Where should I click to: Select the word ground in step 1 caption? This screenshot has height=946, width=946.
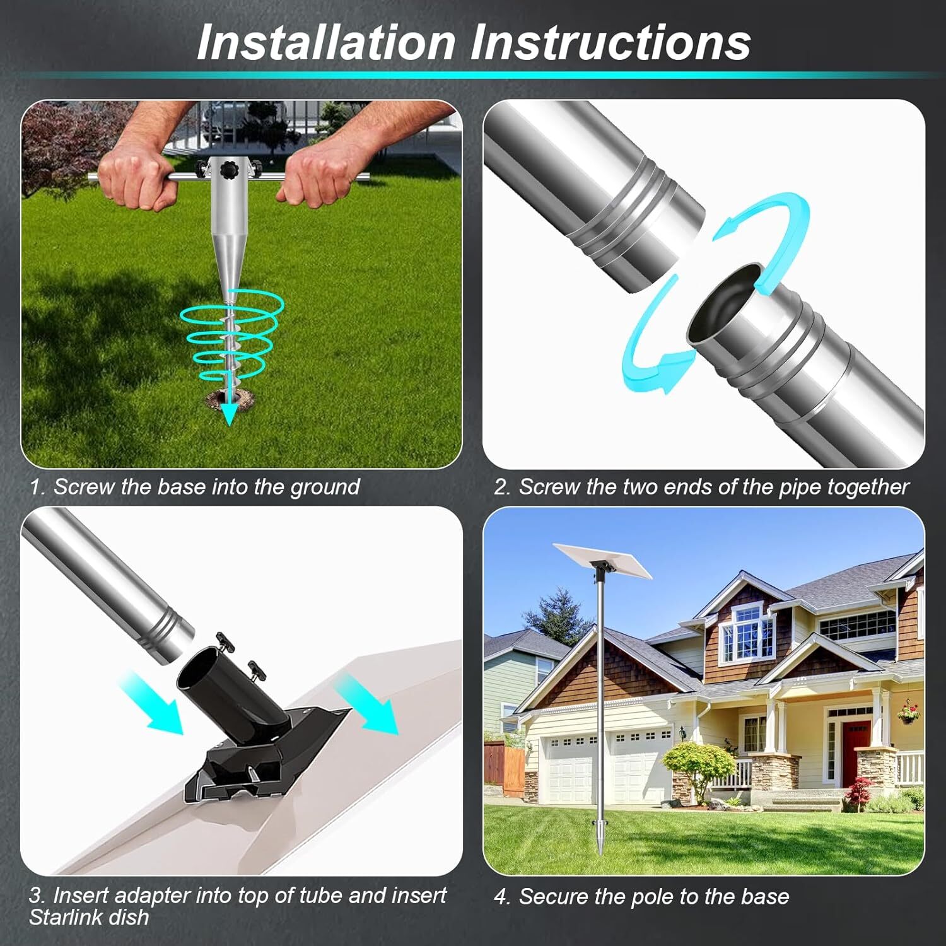(x=325, y=488)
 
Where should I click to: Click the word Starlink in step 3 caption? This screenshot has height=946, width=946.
(x=66, y=917)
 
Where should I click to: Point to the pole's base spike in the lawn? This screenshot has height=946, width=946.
(x=596, y=839)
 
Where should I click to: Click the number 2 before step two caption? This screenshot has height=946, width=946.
(x=501, y=488)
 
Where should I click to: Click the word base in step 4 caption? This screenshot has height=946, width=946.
(x=766, y=896)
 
